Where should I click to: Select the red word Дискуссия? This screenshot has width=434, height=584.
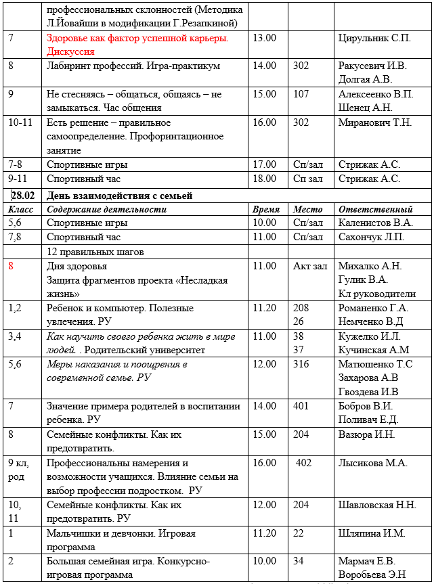tap(70, 51)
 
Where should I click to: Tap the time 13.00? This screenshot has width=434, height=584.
tap(264, 38)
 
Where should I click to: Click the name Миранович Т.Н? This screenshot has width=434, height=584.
tap(374, 123)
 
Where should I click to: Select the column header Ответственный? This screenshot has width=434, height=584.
tap(375, 209)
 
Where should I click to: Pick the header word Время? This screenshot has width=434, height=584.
tap(266, 209)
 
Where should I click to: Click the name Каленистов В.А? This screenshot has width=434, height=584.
tap(375, 223)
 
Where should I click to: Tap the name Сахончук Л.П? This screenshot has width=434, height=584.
tap(371, 237)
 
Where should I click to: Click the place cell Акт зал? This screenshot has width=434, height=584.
tap(311, 266)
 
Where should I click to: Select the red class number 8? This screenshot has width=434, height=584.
tap(11, 266)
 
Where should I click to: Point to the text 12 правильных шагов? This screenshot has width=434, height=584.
tap(95, 252)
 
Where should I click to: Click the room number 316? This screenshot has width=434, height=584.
tap(302, 364)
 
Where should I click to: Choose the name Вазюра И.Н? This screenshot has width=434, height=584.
tap(367, 434)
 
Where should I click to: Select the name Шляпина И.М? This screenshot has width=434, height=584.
tap(372, 533)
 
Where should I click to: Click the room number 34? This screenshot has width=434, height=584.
tap(299, 561)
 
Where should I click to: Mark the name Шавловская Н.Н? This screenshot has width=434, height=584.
tap(377, 505)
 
